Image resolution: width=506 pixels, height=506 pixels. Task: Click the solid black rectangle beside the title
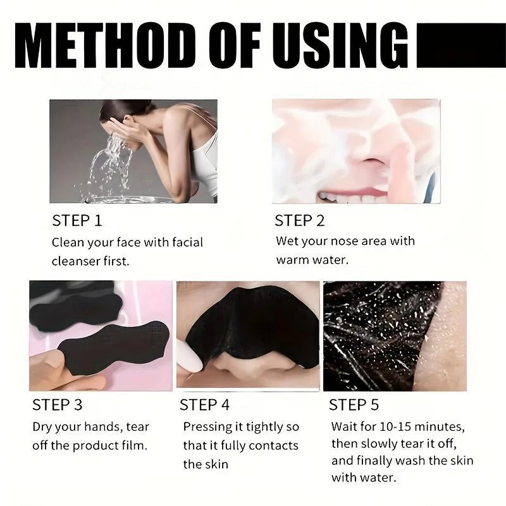click(461, 46)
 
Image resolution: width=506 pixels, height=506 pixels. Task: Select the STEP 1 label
click(77, 221)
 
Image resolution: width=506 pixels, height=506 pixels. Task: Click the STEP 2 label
click(299, 221)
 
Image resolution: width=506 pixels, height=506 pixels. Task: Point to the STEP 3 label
click(58, 404)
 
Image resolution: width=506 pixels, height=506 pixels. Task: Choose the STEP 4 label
click(204, 404)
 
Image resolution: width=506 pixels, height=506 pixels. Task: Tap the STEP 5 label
click(354, 404)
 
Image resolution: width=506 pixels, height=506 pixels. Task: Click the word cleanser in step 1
click(76, 261)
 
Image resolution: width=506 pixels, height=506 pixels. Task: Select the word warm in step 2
click(293, 260)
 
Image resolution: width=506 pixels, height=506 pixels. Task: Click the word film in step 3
click(135, 445)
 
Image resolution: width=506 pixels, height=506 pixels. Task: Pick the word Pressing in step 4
click(206, 427)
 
